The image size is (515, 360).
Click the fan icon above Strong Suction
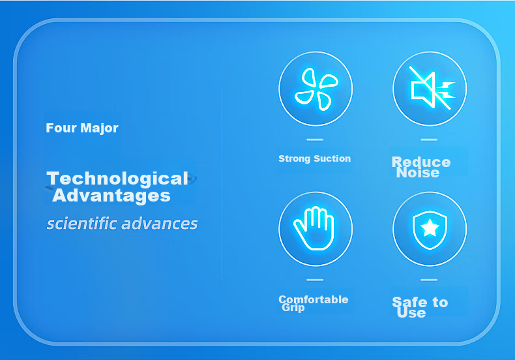(x=317, y=89)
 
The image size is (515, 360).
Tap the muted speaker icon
(x=432, y=88)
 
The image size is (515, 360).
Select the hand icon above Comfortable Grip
(x=314, y=229)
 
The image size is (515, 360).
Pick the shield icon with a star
(x=430, y=230)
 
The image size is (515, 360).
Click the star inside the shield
(x=430, y=228)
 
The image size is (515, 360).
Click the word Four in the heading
(x=61, y=128)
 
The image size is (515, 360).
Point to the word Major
(x=100, y=128)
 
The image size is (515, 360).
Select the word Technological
(x=117, y=178)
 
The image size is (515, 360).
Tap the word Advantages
(x=111, y=196)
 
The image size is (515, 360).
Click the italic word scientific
(x=81, y=223)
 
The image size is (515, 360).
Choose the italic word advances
(x=159, y=223)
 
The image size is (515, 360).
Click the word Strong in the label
(x=294, y=159)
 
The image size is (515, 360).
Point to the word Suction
(x=332, y=158)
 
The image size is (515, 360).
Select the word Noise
(x=418, y=173)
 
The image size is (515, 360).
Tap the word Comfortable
(x=314, y=299)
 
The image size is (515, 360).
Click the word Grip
(x=293, y=308)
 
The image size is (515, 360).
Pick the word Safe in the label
(x=410, y=302)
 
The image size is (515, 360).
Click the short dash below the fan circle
(x=315, y=140)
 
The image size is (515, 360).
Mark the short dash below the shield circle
(x=429, y=280)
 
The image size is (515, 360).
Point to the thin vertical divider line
(x=222, y=183)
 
